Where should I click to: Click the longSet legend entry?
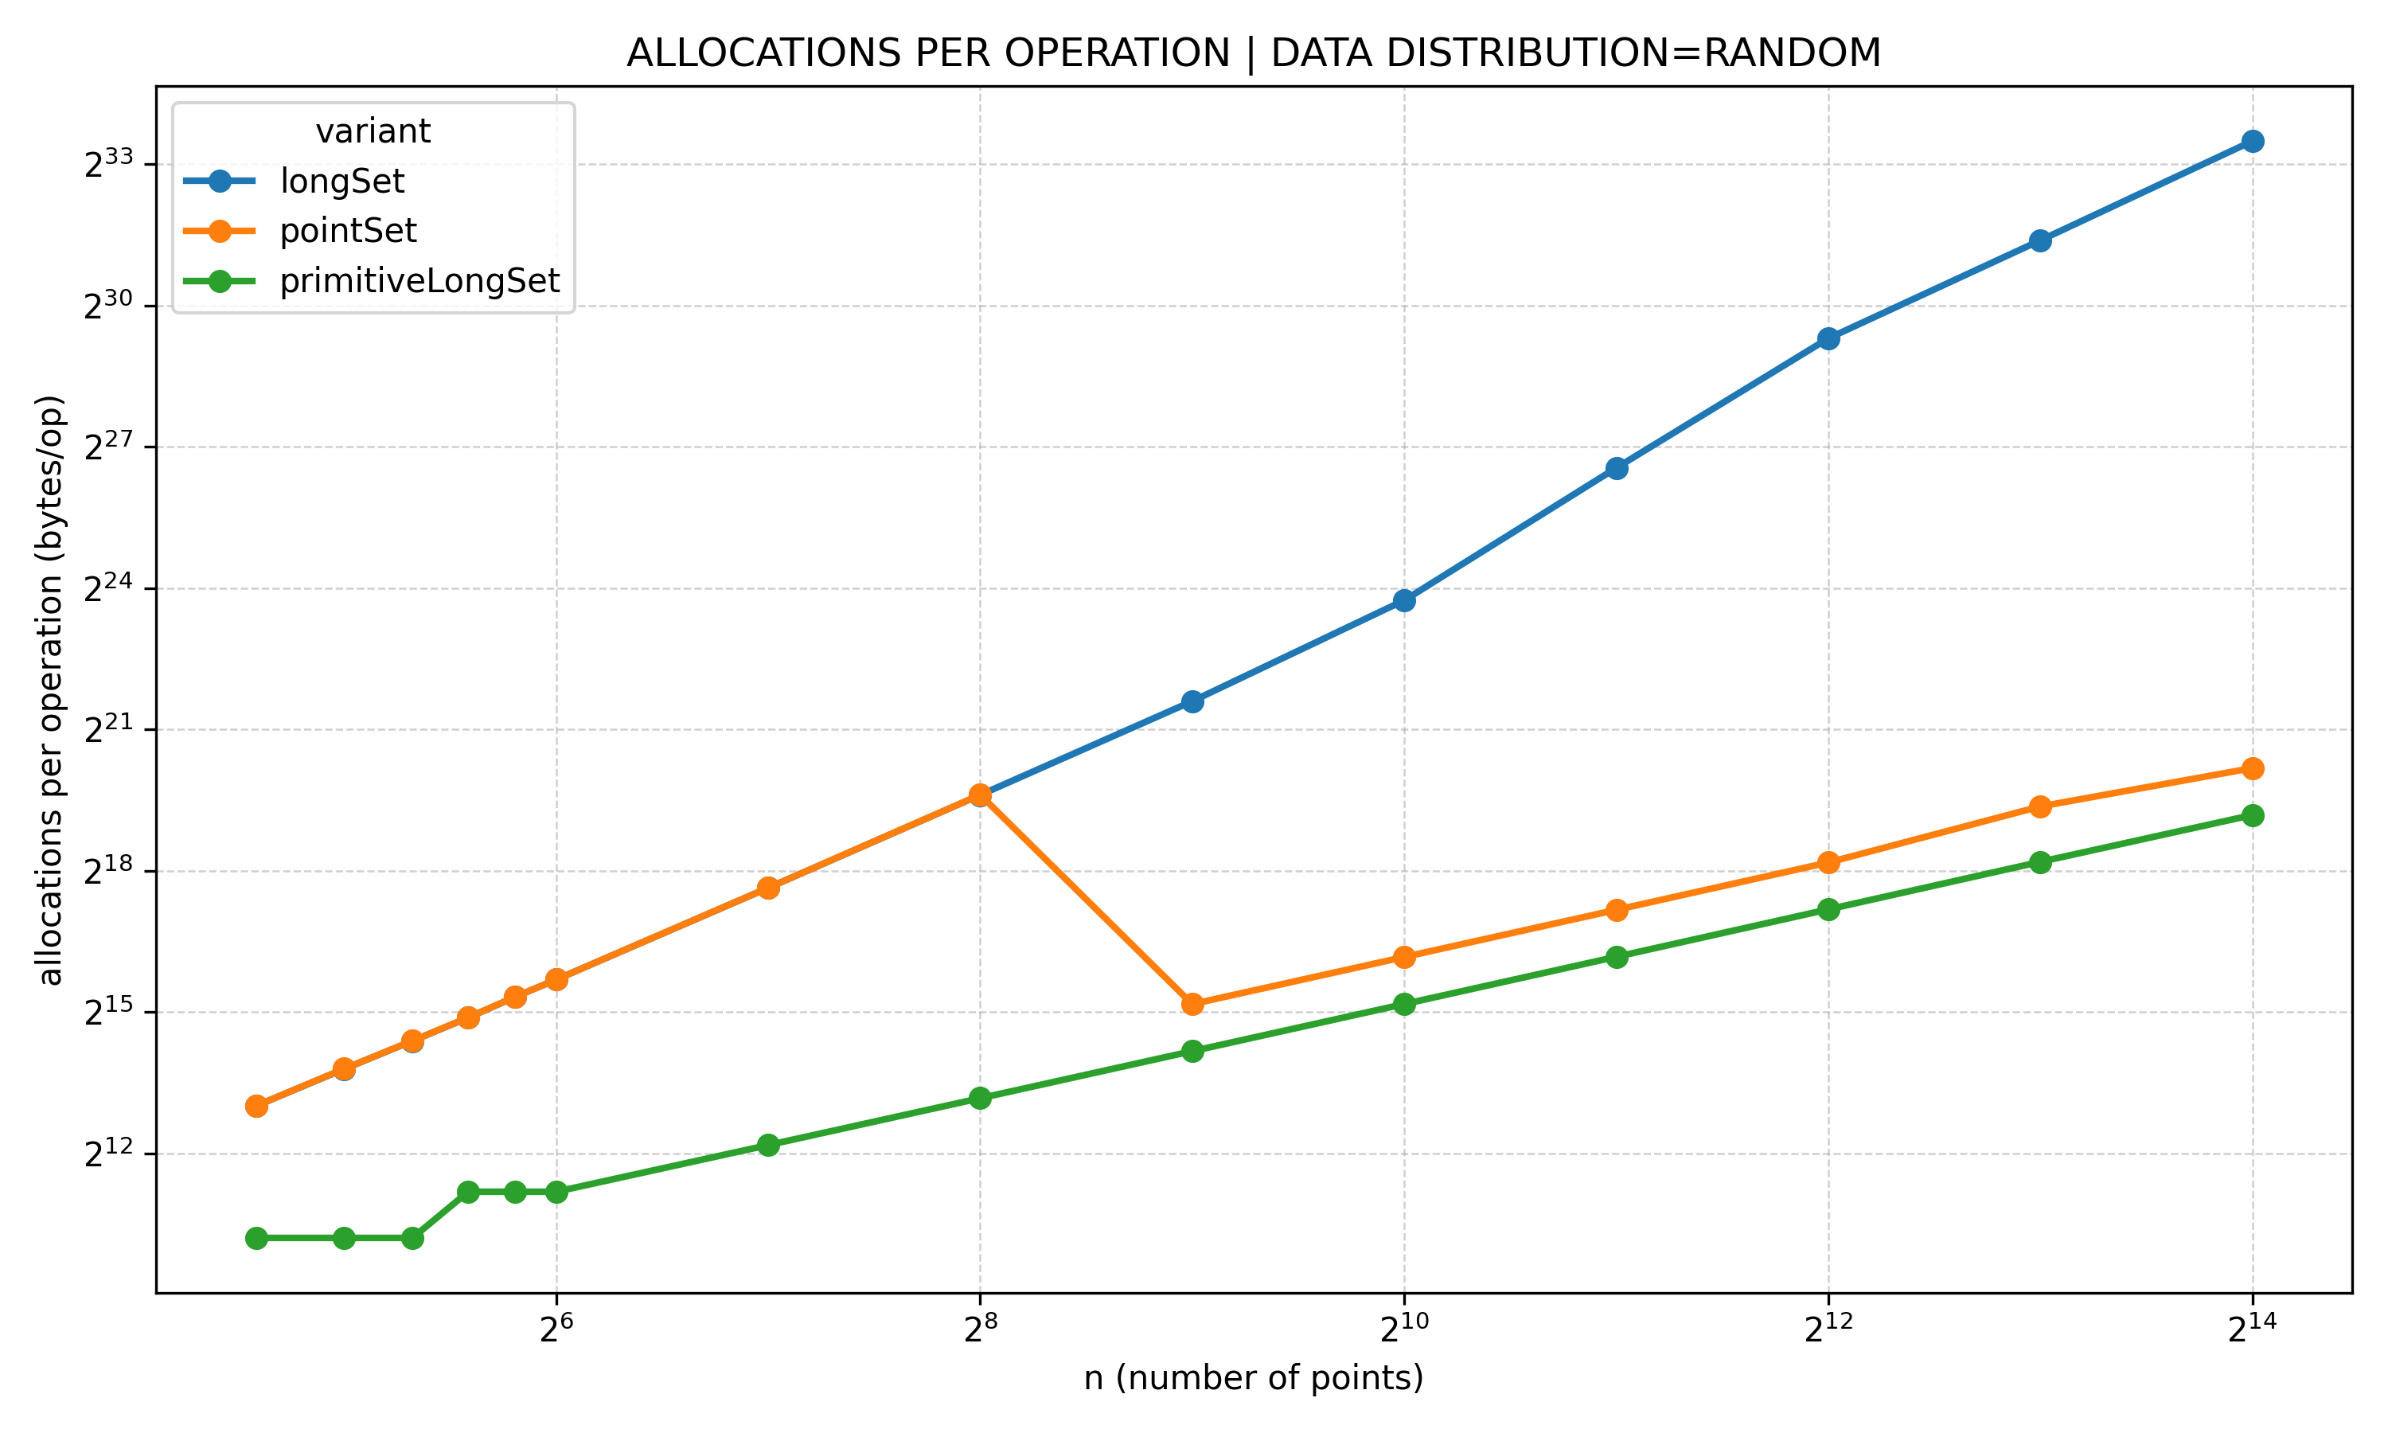341,181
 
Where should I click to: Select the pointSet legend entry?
348,231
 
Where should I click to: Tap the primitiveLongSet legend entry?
419,281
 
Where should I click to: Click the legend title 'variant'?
373,131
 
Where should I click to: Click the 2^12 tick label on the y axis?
107,1154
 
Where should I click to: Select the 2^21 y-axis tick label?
107,730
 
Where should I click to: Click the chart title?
1253,53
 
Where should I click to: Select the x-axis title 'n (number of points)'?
1253,1378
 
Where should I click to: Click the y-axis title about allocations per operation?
50,689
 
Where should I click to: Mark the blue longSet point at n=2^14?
2253,141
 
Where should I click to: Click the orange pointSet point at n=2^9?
1192,1004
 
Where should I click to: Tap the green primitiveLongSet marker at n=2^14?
2253,815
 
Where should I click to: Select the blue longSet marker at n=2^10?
1404,600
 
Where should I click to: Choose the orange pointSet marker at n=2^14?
2253,768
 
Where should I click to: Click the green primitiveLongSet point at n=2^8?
980,1098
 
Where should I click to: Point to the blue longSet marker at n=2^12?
1828,338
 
